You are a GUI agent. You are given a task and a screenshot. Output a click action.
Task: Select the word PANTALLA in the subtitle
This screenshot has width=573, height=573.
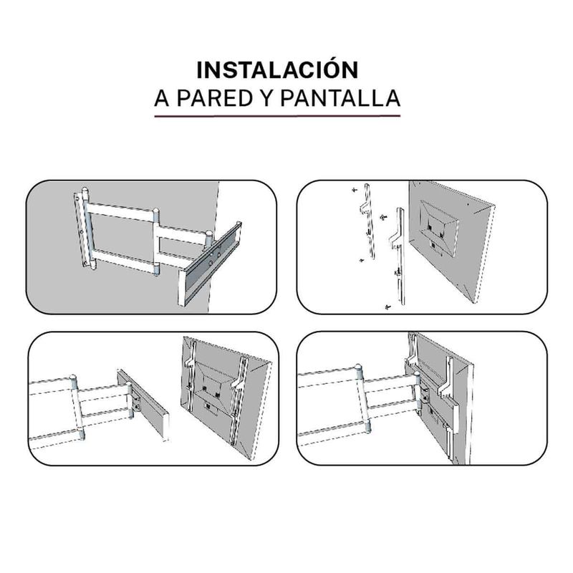click(x=340, y=98)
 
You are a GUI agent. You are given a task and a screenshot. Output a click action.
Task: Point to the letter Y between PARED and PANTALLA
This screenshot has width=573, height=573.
click(x=266, y=98)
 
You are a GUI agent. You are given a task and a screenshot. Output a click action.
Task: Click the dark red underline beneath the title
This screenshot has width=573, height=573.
click(x=277, y=116)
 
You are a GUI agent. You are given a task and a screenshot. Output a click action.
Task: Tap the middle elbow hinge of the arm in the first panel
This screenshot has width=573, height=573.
click(x=156, y=242)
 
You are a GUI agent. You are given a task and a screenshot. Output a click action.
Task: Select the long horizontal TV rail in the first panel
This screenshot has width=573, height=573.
click(x=210, y=264)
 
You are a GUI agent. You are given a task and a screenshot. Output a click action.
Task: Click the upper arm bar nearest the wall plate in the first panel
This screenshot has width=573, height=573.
click(x=120, y=211)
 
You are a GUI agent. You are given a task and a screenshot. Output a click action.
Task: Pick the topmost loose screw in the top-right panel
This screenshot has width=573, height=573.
click(x=354, y=190)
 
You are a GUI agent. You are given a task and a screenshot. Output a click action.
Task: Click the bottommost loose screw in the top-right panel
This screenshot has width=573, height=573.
click(x=387, y=307)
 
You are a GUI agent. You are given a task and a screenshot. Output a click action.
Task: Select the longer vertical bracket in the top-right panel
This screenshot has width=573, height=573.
click(x=398, y=256)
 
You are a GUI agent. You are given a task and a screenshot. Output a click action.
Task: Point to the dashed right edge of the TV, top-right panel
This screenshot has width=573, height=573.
click(x=485, y=252)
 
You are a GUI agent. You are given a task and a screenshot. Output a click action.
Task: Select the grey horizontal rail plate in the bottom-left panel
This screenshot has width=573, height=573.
click(x=144, y=402)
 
